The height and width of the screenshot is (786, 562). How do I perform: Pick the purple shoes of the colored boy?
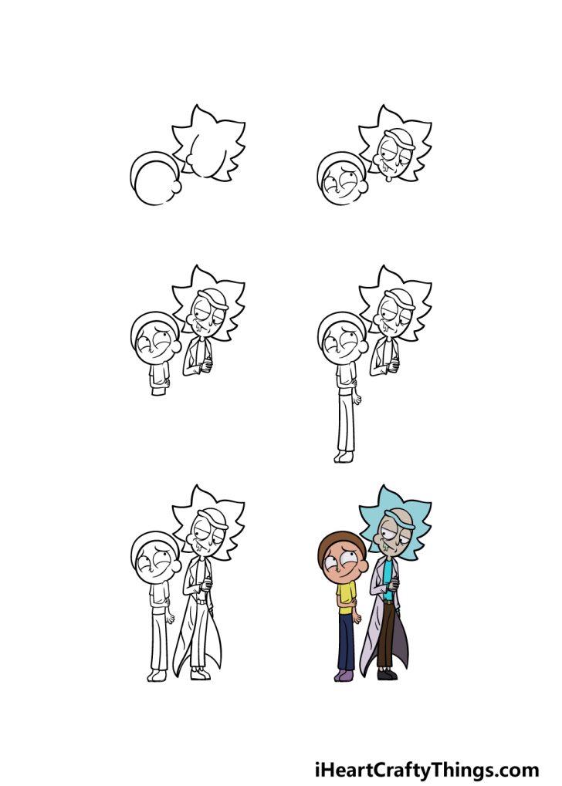point(343,675)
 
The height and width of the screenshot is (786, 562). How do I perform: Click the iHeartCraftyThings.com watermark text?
point(426,770)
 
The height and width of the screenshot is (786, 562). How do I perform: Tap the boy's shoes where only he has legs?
point(343,457)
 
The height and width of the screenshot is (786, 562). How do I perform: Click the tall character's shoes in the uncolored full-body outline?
point(200,674)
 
